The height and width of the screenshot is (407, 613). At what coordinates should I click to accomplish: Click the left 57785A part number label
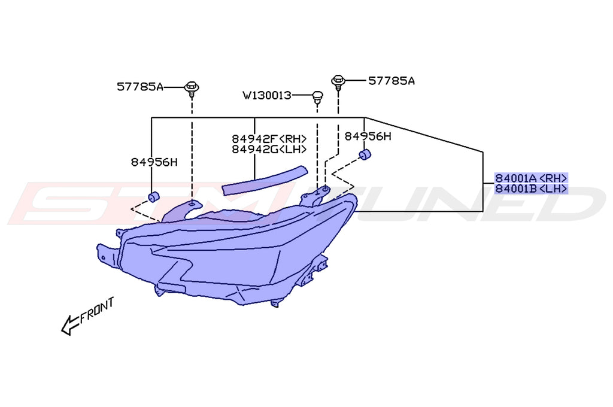(139, 87)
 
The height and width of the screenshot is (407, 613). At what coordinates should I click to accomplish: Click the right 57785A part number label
(391, 80)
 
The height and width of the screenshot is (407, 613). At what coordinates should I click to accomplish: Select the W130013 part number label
(266, 95)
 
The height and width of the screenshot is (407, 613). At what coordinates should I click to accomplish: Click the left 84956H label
(154, 162)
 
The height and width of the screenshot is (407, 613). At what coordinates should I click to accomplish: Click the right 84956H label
(368, 136)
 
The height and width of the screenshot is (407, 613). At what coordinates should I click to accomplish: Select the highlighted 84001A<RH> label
(530, 178)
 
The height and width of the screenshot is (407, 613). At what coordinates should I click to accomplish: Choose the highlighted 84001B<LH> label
(530, 189)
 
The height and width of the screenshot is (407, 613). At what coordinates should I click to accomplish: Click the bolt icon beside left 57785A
(192, 88)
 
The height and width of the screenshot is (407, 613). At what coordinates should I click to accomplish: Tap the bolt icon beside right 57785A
(338, 81)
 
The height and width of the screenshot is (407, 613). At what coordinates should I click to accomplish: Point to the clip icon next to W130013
(317, 96)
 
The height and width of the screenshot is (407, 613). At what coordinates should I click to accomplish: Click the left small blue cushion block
(153, 196)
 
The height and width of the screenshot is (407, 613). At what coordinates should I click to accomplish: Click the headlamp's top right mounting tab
(318, 194)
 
